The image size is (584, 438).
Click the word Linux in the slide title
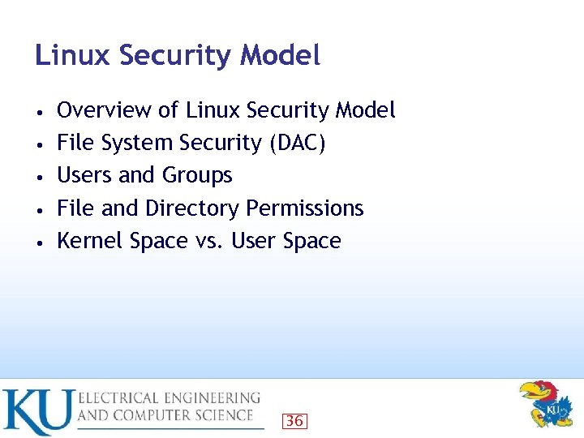[73, 55]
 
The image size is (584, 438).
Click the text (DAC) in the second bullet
[297, 143]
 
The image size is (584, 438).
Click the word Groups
[198, 176]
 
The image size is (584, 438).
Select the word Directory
[192, 208]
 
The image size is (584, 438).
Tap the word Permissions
[305, 208]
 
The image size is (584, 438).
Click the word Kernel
[85, 241]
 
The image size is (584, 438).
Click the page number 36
[294, 420]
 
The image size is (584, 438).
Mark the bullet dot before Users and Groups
[39, 176]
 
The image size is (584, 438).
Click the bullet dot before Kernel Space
[39, 242]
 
